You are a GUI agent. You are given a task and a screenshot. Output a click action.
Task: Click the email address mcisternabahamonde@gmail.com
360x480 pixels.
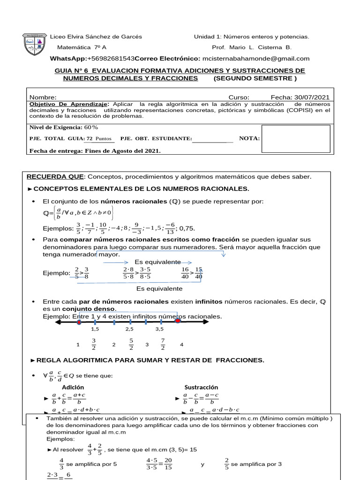click(256, 59)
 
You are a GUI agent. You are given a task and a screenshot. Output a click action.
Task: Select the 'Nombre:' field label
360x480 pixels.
click(43, 97)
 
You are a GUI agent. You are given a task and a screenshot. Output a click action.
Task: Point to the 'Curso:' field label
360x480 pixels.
click(239, 97)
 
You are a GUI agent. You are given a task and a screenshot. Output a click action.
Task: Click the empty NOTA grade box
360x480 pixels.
click(289, 138)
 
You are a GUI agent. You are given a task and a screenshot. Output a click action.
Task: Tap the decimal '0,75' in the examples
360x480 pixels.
click(187, 228)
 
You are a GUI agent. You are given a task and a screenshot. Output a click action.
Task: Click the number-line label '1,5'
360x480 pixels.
click(95, 330)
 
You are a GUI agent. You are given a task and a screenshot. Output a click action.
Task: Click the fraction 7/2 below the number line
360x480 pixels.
click(163, 345)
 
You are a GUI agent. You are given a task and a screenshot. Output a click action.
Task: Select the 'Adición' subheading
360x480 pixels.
click(73, 387)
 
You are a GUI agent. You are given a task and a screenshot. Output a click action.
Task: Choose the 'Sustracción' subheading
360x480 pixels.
click(202, 387)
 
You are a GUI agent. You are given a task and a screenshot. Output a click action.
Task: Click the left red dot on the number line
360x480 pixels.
click(79, 322)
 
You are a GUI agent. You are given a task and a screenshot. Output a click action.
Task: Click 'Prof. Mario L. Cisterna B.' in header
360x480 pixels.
click(252, 47)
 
